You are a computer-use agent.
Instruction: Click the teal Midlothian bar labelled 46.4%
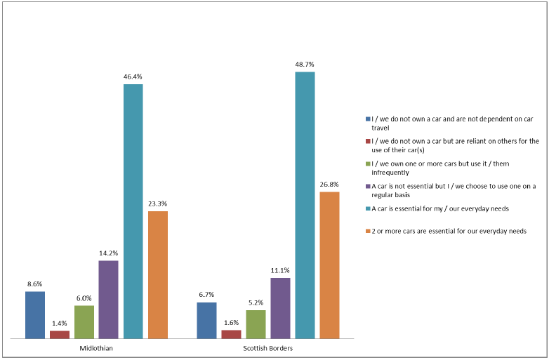point(133,211)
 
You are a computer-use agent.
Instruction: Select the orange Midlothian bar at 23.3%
point(158,274)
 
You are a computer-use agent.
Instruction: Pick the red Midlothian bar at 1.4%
point(60,335)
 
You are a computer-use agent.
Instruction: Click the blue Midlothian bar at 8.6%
point(35,314)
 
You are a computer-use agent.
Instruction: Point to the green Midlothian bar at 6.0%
point(84,321)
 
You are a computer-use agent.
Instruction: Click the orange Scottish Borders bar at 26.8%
point(329,265)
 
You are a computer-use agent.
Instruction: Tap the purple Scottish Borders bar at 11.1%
point(280,308)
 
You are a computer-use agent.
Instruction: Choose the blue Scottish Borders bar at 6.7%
point(206,320)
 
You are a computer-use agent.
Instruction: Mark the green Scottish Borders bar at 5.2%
point(256,324)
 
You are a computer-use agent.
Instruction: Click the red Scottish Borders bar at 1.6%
point(231,334)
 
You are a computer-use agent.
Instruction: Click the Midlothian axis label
point(96,349)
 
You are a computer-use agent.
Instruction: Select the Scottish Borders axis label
point(268,349)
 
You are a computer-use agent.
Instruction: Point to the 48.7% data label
point(305,65)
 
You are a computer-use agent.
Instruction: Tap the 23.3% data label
point(158,204)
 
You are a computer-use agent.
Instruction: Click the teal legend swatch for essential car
point(367,208)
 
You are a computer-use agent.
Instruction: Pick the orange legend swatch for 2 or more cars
point(367,231)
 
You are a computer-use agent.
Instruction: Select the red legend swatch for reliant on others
point(367,141)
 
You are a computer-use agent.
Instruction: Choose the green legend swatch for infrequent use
point(367,164)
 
